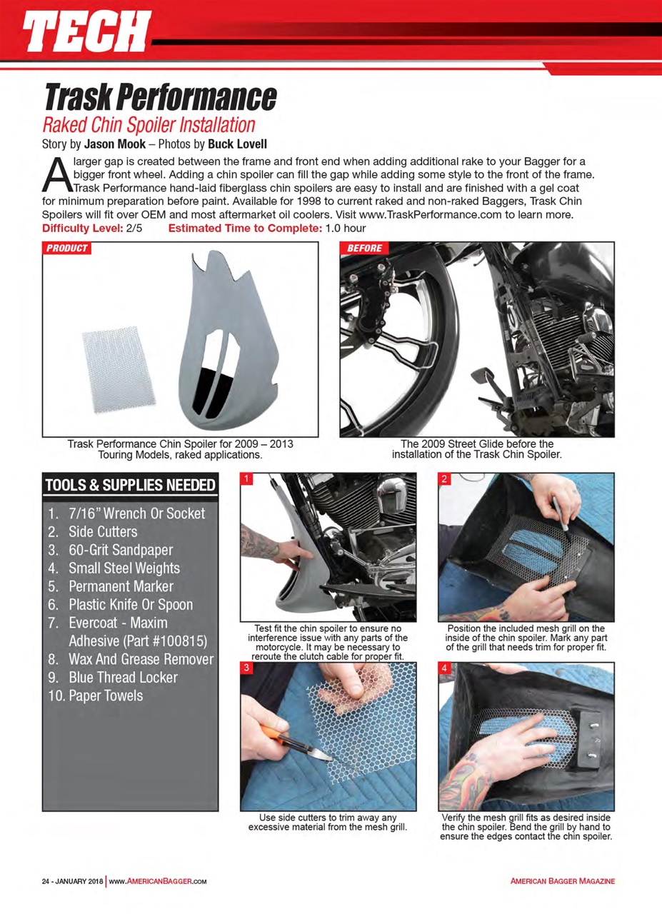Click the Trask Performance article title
pos(160,96)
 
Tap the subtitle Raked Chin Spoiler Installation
pos(149,125)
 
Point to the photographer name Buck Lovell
pos(238,144)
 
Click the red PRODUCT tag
pos(67,248)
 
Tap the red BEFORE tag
pos(365,248)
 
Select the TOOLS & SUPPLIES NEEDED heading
pos(130,486)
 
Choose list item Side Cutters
pos(102,531)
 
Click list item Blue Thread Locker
pos(123,677)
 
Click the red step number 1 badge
pos(247,479)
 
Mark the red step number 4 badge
pos(445,668)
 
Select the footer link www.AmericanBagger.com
pos(158,881)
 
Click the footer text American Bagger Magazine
pos(562,881)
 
